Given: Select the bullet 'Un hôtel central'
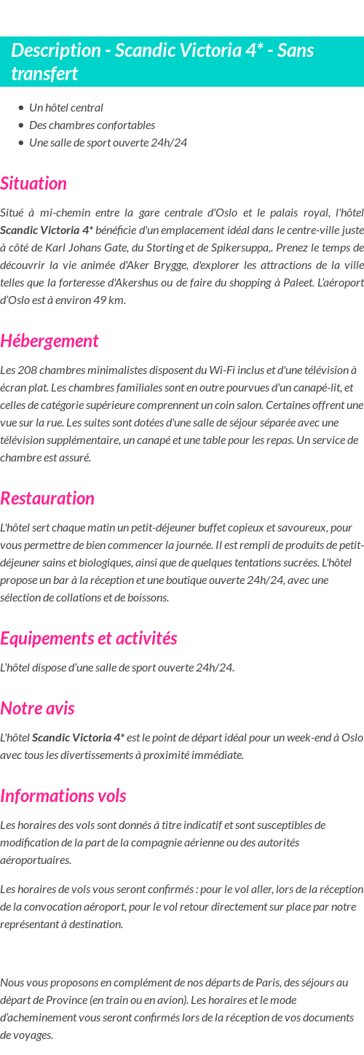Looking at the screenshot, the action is [66, 107].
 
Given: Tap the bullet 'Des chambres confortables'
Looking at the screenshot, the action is [92, 125].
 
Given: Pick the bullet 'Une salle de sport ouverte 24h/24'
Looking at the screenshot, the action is [108, 142].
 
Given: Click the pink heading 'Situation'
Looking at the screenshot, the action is [33, 183].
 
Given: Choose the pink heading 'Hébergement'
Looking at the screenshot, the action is [50, 340].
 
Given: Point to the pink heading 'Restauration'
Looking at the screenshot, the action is [47, 498].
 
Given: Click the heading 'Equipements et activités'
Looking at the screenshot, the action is [89, 638].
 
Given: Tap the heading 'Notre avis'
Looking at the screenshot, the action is [37, 708].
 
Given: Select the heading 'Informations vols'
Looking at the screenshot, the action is [63, 795].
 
